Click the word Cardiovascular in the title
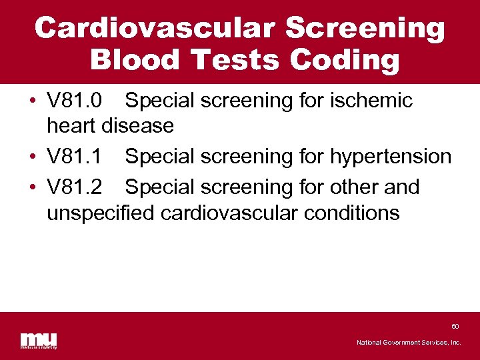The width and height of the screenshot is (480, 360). [154, 28]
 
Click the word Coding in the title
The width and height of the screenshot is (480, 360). [345, 60]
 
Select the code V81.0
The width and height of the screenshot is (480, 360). [74, 101]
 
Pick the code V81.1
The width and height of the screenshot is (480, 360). [74, 157]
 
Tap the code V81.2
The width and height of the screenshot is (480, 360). [74, 187]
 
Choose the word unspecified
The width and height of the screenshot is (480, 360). [100, 213]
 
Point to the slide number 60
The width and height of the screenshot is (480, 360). [455, 327]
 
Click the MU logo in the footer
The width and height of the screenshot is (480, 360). [38, 339]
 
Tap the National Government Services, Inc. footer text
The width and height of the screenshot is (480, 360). [409, 342]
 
